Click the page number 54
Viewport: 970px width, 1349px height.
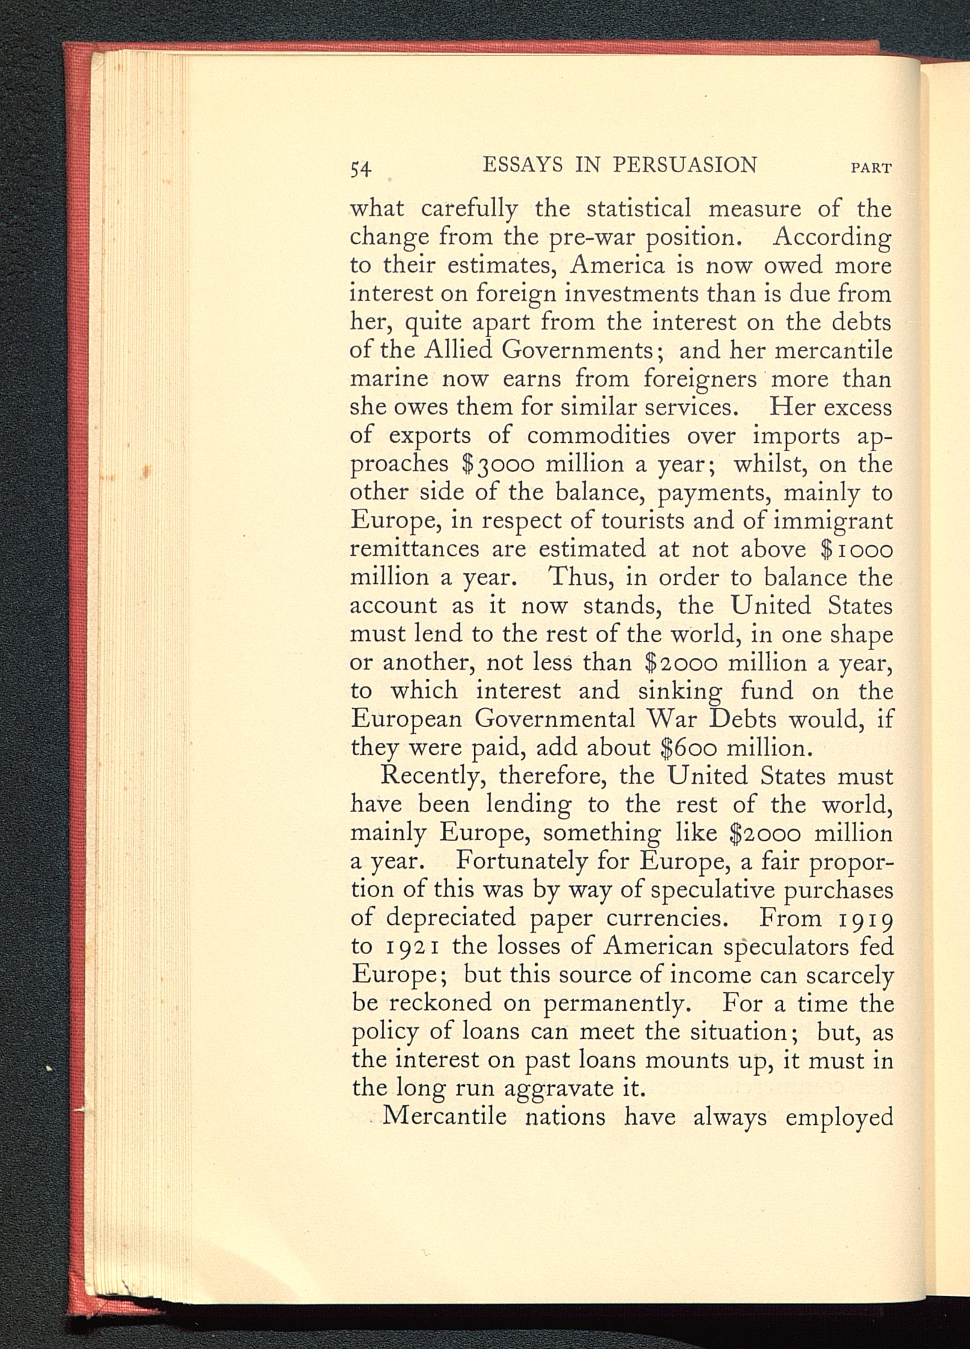[x=361, y=169]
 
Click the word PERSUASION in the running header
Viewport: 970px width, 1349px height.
[x=684, y=165]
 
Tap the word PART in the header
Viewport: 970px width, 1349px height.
[x=872, y=168]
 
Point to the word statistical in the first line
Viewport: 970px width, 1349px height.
[x=638, y=209]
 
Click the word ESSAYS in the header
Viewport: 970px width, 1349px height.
[x=522, y=165]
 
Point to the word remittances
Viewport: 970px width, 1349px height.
[x=414, y=549]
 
